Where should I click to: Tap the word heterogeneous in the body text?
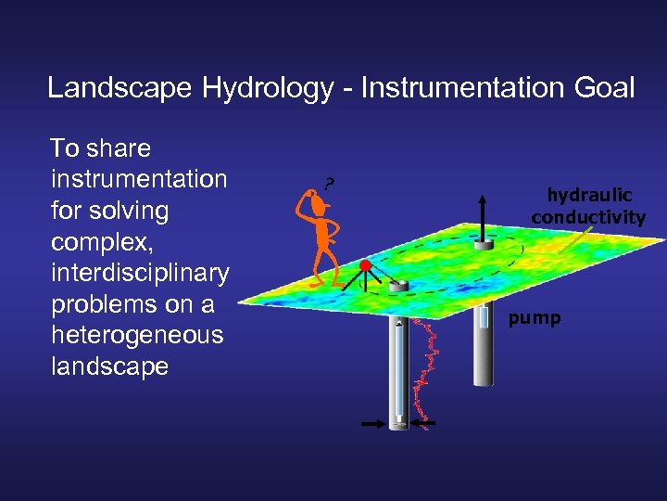click(136, 335)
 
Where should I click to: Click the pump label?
click(535, 318)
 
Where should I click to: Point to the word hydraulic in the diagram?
click(589, 196)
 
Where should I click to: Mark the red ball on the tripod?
click(365, 267)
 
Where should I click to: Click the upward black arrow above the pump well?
click(483, 213)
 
